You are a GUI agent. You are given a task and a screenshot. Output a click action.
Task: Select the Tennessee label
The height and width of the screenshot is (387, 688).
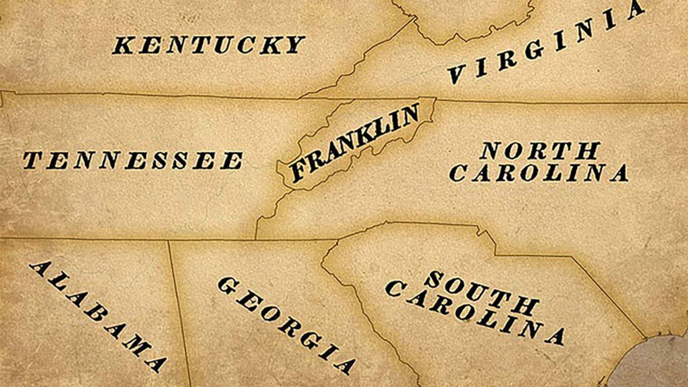(132, 161)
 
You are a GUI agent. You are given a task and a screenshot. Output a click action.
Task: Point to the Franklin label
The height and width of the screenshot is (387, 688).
(355, 143)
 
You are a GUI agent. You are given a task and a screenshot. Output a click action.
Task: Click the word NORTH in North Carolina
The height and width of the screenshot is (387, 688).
(540, 151)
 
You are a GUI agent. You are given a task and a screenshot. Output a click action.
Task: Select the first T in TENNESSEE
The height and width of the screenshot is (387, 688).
(32, 160)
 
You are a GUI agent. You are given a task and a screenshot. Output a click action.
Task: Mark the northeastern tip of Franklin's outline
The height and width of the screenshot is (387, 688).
(435, 99)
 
